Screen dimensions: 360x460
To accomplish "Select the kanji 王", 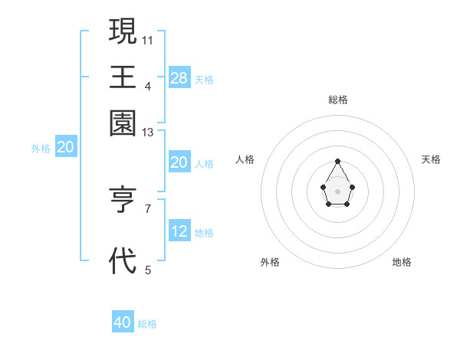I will tap(123, 77).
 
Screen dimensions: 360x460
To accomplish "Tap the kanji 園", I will tap(123, 123).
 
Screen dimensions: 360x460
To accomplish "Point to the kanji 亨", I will tap(123, 201).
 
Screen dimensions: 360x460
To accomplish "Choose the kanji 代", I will tap(123, 261).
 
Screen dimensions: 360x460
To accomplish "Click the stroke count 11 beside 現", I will tap(147, 39).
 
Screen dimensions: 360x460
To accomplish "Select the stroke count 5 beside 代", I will tap(147, 270).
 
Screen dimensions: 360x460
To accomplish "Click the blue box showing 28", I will tap(179, 77).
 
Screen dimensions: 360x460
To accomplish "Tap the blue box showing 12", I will tap(179, 231).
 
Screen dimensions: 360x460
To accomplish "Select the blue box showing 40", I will tap(123, 322).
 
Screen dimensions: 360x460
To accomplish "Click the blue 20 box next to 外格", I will tap(65, 147).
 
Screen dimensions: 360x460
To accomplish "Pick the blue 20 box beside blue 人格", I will tap(179, 162).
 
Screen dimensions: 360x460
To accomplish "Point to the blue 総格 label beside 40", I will tap(147, 324).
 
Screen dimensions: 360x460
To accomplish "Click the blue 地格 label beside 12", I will tap(204, 233).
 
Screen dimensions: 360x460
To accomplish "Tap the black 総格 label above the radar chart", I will tap(338, 100).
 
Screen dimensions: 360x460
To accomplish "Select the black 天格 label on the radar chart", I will tap(431, 159).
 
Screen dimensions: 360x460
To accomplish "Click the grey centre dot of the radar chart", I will tap(337, 191).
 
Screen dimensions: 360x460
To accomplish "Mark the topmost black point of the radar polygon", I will tap(337, 161).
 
